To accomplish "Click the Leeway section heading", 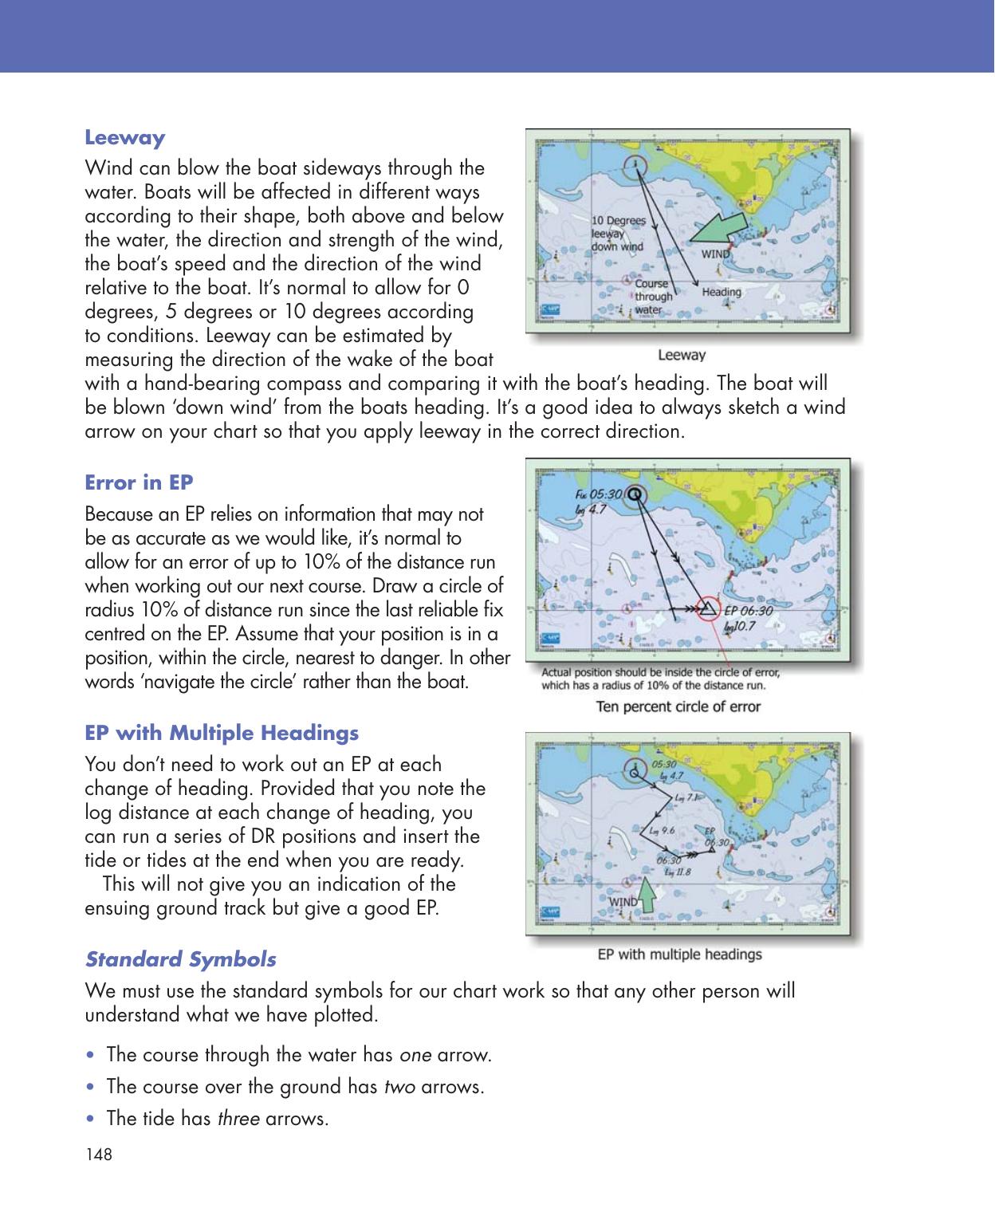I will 124,138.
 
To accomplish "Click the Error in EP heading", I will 139,483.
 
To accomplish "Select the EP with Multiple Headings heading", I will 222,733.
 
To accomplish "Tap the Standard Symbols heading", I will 180,958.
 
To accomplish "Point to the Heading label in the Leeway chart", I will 721,292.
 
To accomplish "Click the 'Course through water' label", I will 651,296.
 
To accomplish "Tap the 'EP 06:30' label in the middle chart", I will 747,611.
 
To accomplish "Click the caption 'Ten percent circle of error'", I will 679,706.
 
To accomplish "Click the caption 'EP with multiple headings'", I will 679,954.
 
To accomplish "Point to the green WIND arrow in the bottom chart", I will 647,895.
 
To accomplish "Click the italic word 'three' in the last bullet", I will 237,1119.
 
